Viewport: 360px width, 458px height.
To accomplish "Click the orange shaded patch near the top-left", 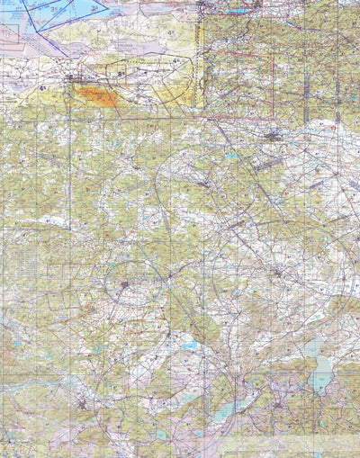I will [96, 96].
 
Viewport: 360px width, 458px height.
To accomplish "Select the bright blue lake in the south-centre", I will [189, 344].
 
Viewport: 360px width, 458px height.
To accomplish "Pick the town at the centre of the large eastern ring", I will [278, 270].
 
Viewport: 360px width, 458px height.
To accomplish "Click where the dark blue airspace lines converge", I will [34, 18].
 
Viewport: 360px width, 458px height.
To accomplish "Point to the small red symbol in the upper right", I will [334, 127].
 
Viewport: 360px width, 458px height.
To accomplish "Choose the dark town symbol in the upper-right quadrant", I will [273, 136].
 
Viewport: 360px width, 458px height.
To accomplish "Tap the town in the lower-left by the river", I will [83, 404].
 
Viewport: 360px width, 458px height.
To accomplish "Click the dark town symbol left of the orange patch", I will [70, 79].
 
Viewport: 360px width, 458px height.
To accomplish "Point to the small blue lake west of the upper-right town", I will [233, 156].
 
